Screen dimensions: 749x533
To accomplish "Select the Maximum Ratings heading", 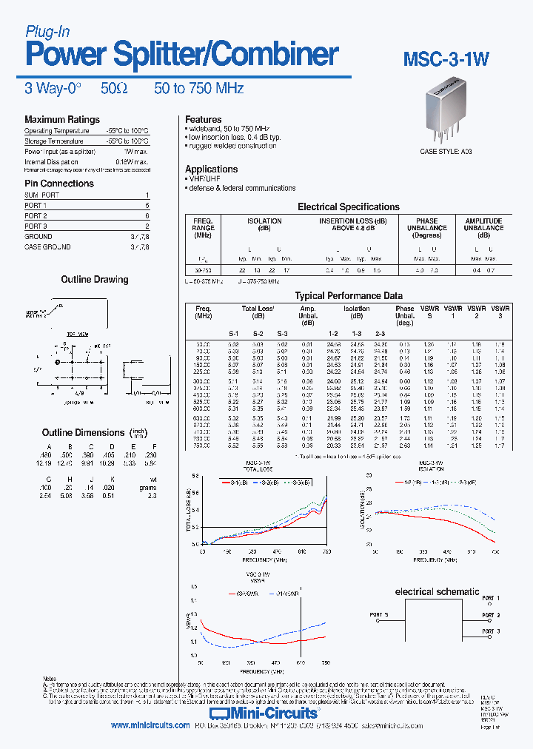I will click(62, 119).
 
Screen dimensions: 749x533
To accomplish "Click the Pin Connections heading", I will click(59, 184).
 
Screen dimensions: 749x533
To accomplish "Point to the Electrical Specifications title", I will click(348, 207).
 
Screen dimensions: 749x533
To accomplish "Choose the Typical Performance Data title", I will click(349, 295).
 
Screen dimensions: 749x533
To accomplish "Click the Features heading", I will click(204, 119).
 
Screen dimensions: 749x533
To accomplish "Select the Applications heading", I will click(211, 169).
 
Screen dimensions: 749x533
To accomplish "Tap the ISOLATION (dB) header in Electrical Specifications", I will click(264, 224).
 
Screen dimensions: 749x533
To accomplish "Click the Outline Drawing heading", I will click(94, 280).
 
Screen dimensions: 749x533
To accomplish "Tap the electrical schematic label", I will click(437, 591).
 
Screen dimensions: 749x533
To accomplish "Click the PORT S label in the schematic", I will click(379, 614).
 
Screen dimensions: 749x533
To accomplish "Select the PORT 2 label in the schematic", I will click(491, 615).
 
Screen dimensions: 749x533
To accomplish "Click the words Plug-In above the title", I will click(47, 31).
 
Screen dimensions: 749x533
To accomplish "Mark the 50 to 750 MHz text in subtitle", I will click(199, 88).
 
